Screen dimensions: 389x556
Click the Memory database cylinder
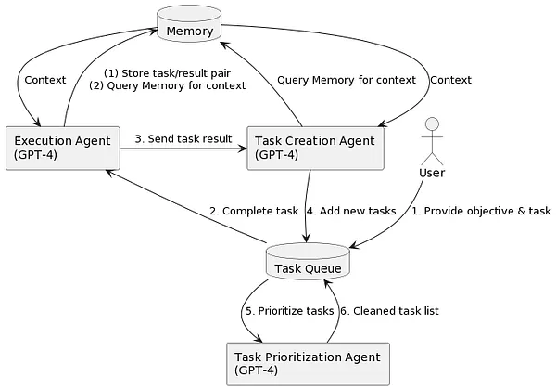tap(190, 29)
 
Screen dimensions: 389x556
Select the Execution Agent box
tap(63, 148)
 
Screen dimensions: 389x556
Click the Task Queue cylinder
tap(307, 266)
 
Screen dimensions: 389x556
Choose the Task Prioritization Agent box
tap(307, 362)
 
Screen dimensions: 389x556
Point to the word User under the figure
tap(433, 173)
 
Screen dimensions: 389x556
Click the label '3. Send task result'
tap(183, 139)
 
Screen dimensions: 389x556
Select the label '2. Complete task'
tap(253, 211)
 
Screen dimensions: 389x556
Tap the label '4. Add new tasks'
tap(350, 211)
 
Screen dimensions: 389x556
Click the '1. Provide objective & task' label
tap(481, 211)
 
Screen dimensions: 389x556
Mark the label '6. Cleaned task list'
tap(389, 310)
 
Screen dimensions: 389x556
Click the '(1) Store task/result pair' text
tap(167, 72)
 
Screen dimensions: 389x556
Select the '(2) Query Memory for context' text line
tap(167, 85)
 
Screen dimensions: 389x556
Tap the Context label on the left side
tap(45, 80)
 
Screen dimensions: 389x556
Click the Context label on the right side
tap(450, 80)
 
